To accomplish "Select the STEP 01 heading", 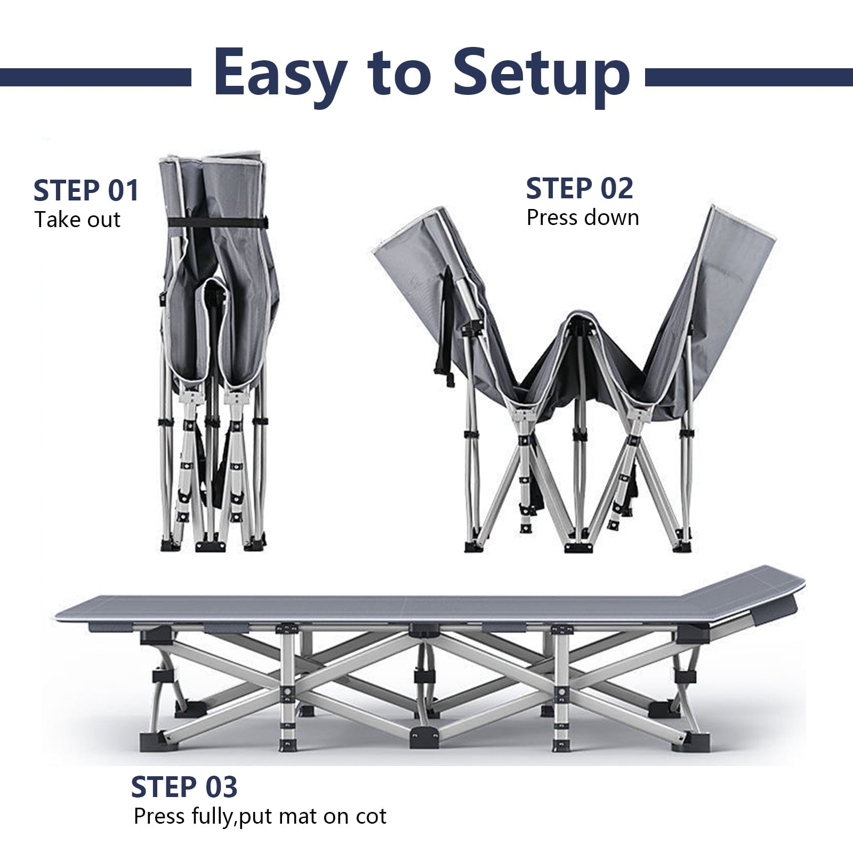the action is [86, 190].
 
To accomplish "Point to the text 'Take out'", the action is [78, 220].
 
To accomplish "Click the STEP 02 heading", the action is [580, 188].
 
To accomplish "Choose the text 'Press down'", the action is [583, 218].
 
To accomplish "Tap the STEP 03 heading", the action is [184, 787].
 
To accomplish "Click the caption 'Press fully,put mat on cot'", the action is [260, 816].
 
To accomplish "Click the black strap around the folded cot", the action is [213, 222].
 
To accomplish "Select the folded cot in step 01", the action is [213, 354].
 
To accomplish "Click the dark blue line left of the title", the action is [95, 77].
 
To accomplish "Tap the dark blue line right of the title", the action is [749, 77].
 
